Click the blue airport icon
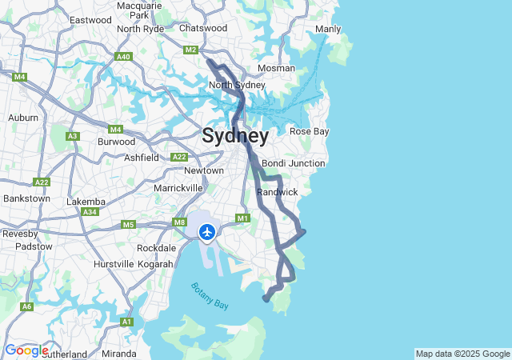[x=207, y=232]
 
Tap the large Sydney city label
[x=235, y=135]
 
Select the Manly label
[x=328, y=30]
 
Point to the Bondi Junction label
[x=294, y=163]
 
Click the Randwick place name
[x=278, y=192]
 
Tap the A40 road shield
[x=123, y=57]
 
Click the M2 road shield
[x=190, y=50]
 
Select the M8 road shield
[x=179, y=223]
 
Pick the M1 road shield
[x=243, y=218]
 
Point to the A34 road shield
[x=90, y=212]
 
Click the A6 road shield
[x=27, y=306]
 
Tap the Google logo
[x=26, y=350]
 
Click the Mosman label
[x=277, y=68]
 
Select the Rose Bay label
[x=309, y=131]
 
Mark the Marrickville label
[x=178, y=187]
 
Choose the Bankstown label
[x=26, y=198]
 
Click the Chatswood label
[x=203, y=28]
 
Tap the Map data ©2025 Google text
[x=462, y=354]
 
